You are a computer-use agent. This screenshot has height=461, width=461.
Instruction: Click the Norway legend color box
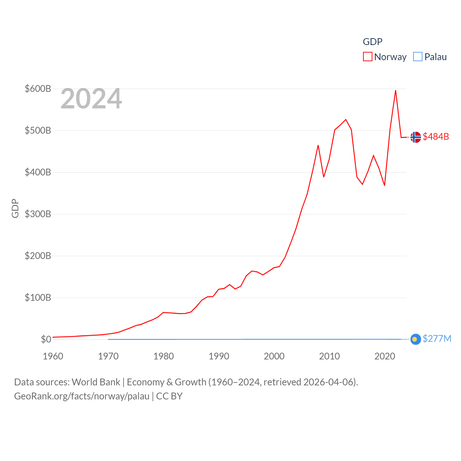click(x=367, y=57)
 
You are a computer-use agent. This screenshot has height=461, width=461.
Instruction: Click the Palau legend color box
click(x=417, y=57)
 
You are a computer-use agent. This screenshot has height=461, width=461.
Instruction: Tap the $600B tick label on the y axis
click(x=38, y=89)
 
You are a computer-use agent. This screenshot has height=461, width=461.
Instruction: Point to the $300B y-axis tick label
click(x=38, y=214)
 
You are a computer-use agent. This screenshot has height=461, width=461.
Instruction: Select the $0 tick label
click(x=46, y=339)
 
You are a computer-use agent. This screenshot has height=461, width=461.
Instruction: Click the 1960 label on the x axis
click(x=53, y=356)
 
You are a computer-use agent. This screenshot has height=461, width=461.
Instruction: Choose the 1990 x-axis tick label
click(x=219, y=356)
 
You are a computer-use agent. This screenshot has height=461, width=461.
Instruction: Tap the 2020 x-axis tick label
click(x=385, y=356)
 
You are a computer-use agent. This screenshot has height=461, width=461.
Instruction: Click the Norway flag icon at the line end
click(x=416, y=137)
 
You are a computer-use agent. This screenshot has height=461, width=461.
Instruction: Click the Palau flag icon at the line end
click(x=416, y=339)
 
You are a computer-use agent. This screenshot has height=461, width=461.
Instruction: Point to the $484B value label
click(x=436, y=136)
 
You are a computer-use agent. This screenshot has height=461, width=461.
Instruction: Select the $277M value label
click(x=437, y=339)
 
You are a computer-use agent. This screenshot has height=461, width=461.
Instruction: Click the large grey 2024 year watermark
click(x=91, y=99)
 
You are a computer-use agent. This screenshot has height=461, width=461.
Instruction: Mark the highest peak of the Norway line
click(x=395, y=90)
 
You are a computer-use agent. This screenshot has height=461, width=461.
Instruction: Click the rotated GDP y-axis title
click(x=15, y=208)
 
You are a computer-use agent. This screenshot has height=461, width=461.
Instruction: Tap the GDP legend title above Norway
click(x=372, y=42)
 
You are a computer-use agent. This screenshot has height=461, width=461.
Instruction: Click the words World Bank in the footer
click(x=96, y=382)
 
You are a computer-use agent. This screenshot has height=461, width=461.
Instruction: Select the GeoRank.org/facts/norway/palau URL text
click(x=82, y=396)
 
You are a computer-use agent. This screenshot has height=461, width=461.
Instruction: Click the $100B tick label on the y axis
click(x=38, y=297)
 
